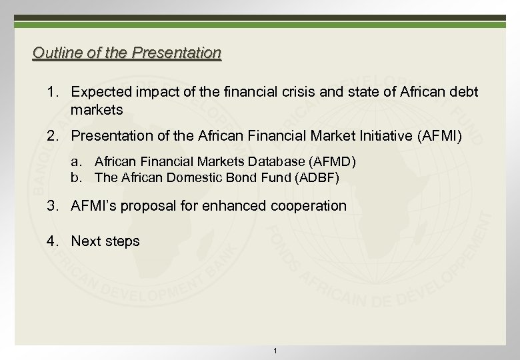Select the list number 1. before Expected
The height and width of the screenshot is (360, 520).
52,91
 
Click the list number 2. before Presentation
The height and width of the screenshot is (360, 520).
52,137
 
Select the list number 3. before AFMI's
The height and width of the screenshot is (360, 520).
52,205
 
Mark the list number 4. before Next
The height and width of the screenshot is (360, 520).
52,241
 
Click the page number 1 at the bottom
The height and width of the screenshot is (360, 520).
275,351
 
